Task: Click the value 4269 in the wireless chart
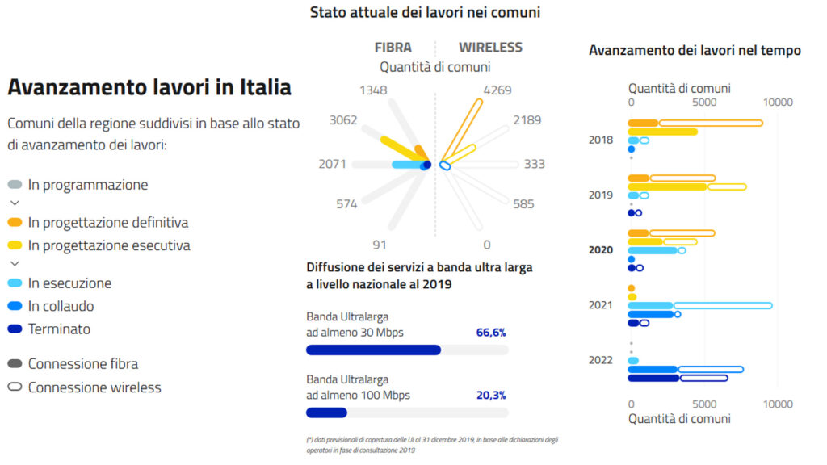pyautogui.click(x=497, y=90)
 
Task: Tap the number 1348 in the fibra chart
pyautogui.click(x=374, y=90)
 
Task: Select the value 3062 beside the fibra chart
pyautogui.click(x=343, y=120)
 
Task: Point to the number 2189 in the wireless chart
pyautogui.click(x=526, y=120)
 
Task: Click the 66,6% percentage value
pyautogui.click(x=491, y=332)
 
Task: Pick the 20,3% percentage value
pyautogui.click(x=491, y=395)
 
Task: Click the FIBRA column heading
pyautogui.click(x=393, y=48)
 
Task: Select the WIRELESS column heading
pyautogui.click(x=490, y=48)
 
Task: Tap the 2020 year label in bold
pyautogui.click(x=601, y=250)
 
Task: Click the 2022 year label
pyautogui.click(x=601, y=361)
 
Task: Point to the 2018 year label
pyautogui.click(x=601, y=140)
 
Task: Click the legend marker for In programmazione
pyautogui.click(x=15, y=185)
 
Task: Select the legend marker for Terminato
pyautogui.click(x=15, y=329)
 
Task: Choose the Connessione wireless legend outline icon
pyautogui.click(x=15, y=387)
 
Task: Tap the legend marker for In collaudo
pyautogui.click(x=15, y=306)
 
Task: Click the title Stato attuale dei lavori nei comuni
pyautogui.click(x=425, y=12)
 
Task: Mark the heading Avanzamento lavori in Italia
pyautogui.click(x=149, y=87)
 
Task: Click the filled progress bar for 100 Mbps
pyautogui.click(x=326, y=413)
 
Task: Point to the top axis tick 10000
pyautogui.click(x=779, y=103)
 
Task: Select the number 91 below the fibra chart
pyautogui.click(x=380, y=245)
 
